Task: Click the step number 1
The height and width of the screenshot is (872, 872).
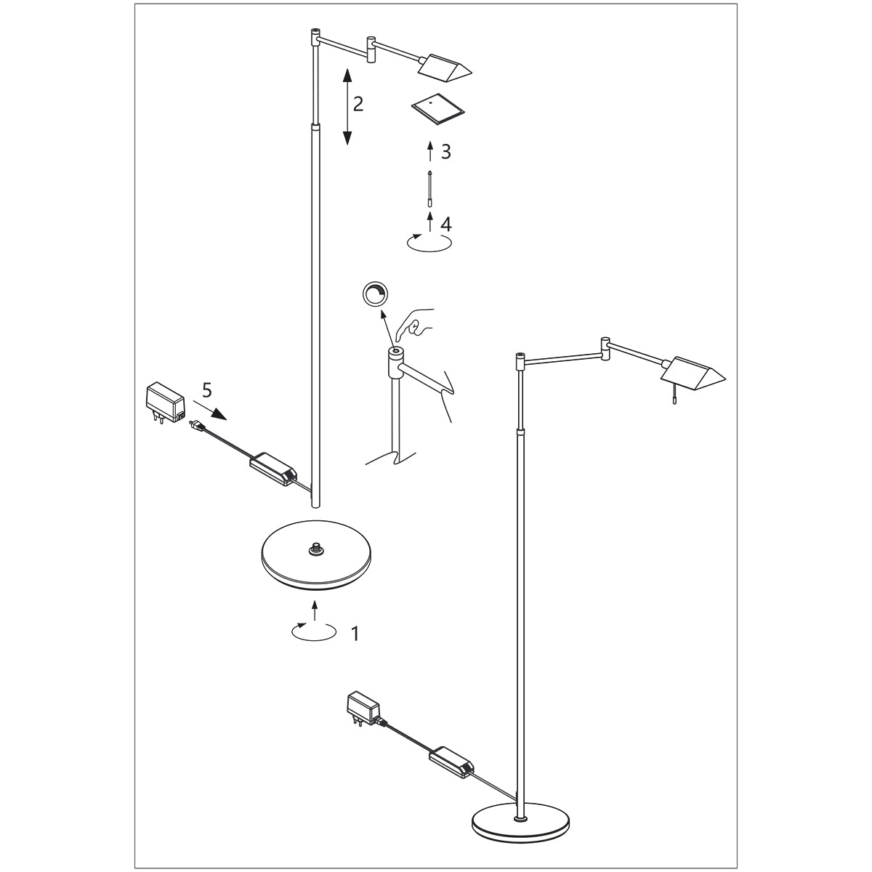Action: click(x=355, y=634)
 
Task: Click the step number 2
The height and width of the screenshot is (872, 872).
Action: click(x=358, y=104)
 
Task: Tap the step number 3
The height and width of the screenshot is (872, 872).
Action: click(x=446, y=152)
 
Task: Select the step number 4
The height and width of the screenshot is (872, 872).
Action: click(x=446, y=223)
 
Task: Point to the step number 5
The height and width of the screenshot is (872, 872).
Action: click(x=207, y=391)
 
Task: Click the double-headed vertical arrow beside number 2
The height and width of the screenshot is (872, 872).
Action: click(x=347, y=106)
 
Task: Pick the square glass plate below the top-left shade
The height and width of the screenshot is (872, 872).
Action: click(x=438, y=108)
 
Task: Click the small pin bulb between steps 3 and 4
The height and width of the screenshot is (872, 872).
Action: click(x=431, y=189)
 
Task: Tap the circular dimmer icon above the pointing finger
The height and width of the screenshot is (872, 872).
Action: click(x=376, y=294)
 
